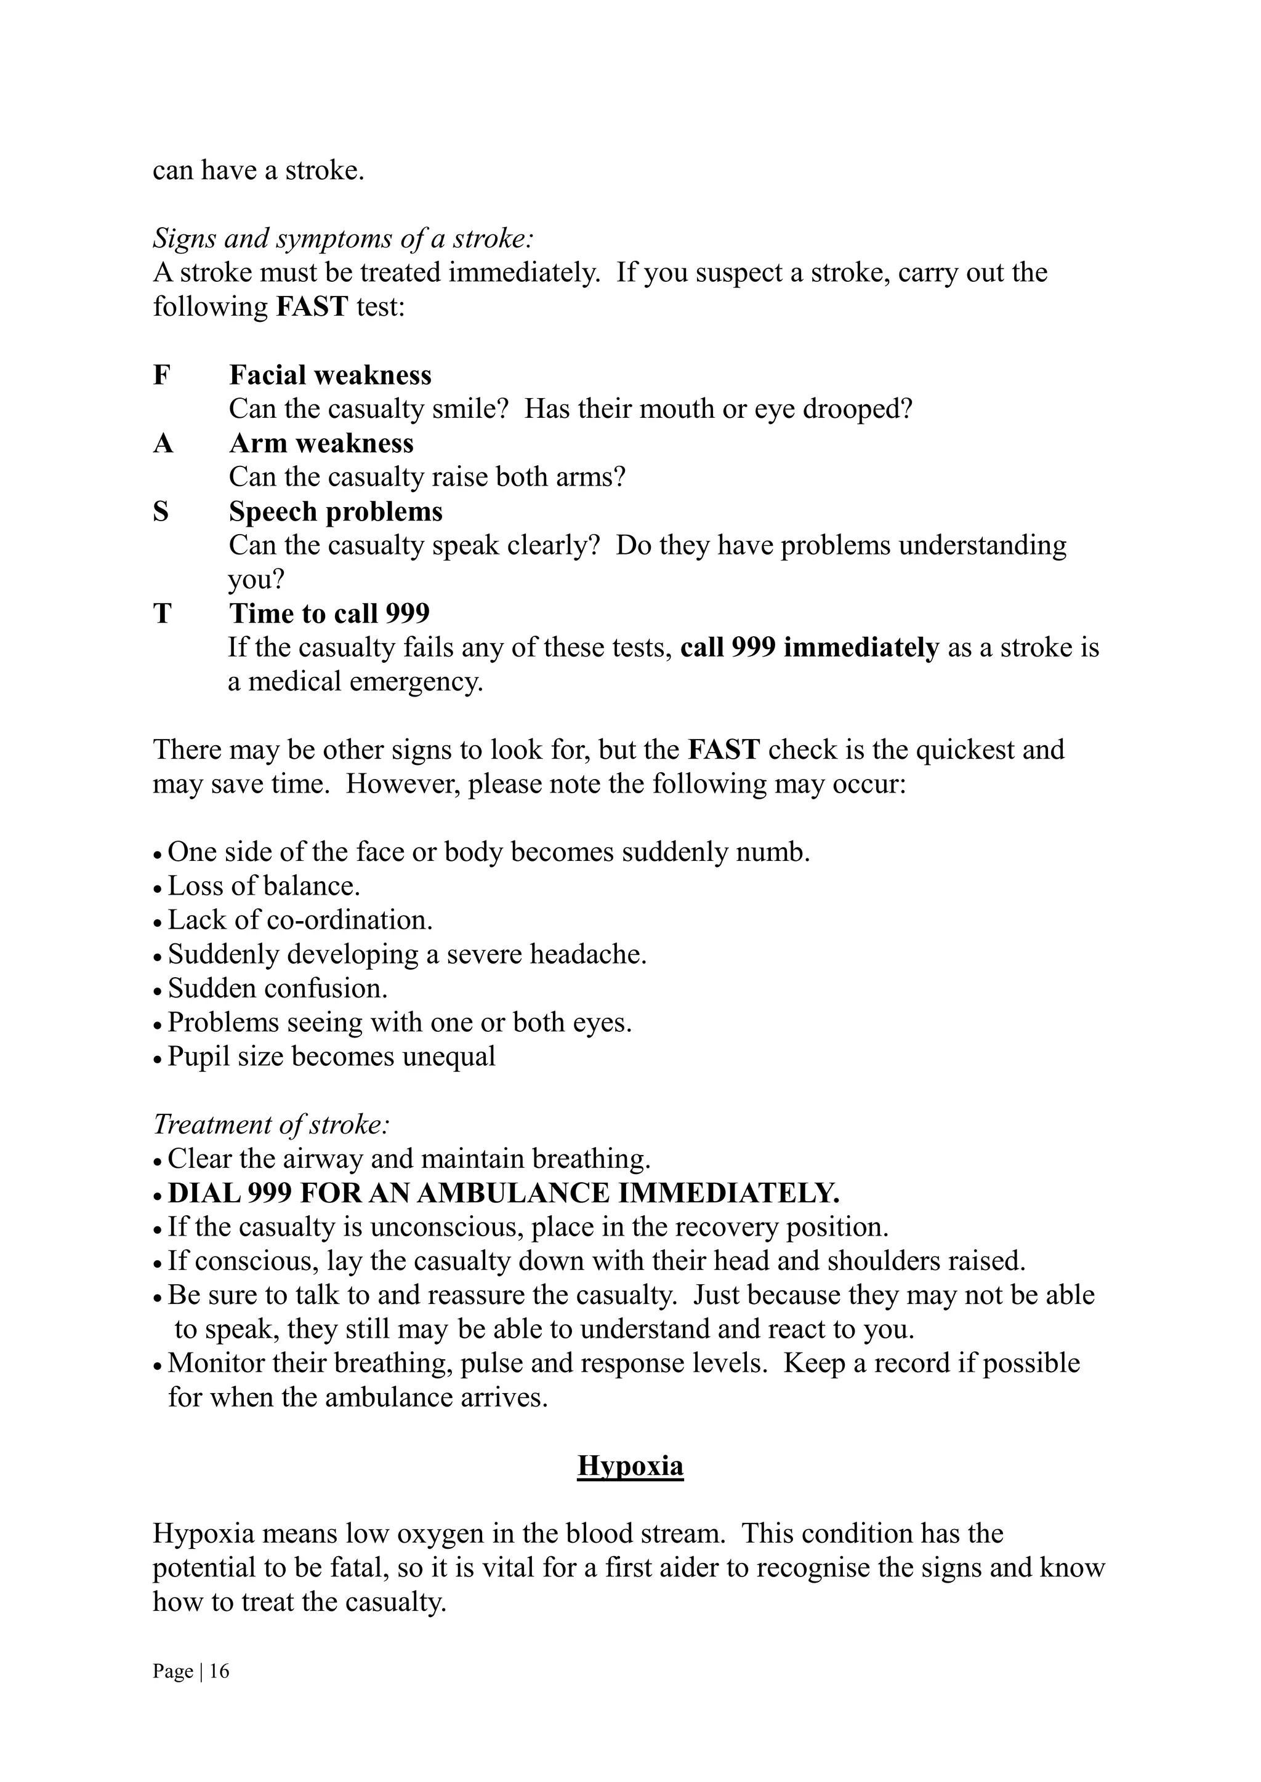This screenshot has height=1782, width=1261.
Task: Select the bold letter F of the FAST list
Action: pos(161,375)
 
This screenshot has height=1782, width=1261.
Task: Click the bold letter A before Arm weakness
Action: pos(163,443)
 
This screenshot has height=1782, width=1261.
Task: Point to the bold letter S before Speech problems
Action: pos(161,511)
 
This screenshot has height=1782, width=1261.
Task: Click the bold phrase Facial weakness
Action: pos(330,375)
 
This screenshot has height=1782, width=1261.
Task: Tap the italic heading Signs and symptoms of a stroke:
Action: pos(343,238)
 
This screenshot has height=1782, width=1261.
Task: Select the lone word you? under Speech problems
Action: pos(256,579)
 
